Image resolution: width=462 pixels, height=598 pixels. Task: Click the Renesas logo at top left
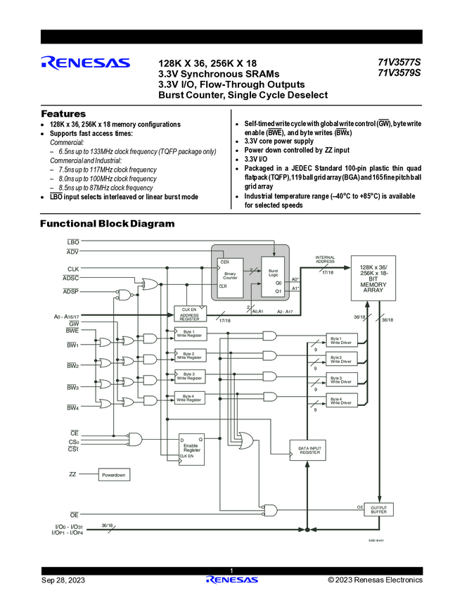point(85,63)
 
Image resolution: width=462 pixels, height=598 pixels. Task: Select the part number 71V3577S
point(399,62)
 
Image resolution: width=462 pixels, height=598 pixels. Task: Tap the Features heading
point(63,114)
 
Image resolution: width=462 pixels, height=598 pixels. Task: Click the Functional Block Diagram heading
point(107,224)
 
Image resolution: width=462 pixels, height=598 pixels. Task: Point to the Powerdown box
point(113,475)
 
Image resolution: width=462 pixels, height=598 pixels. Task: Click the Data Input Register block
point(310,451)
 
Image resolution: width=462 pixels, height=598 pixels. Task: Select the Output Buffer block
point(379,509)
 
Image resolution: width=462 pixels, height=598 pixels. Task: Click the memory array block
point(373,279)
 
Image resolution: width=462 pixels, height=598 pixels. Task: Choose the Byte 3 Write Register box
point(189,376)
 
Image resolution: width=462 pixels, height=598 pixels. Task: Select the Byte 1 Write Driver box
point(341,341)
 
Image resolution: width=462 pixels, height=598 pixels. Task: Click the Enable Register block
point(191,446)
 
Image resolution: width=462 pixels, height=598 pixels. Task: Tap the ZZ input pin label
point(72,474)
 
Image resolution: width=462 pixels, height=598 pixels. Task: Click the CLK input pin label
point(73,269)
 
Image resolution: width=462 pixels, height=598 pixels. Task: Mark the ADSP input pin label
point(70,291)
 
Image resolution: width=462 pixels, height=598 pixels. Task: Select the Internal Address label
point(325,260)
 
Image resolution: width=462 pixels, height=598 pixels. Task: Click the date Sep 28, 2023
point(63,580)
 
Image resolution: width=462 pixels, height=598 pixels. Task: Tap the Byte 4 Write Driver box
point(341,401)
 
